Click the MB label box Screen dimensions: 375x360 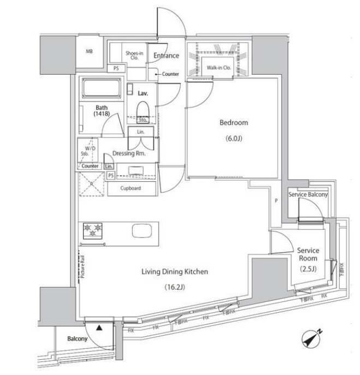pos(89,52)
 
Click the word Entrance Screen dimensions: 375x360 pos(166,56)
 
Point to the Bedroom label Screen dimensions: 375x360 pos(233,123)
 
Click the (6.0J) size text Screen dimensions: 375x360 pos(233,139)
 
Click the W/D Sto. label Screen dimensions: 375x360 pos(88,151)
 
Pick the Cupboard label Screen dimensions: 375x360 pos(131,188)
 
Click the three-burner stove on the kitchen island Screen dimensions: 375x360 pos(92,230)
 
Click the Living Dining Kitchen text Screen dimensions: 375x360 pos(175,271)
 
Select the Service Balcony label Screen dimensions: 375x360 pos(308,195)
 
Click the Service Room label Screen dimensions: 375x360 pos(308,254)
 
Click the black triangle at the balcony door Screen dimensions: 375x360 pos(99,328)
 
